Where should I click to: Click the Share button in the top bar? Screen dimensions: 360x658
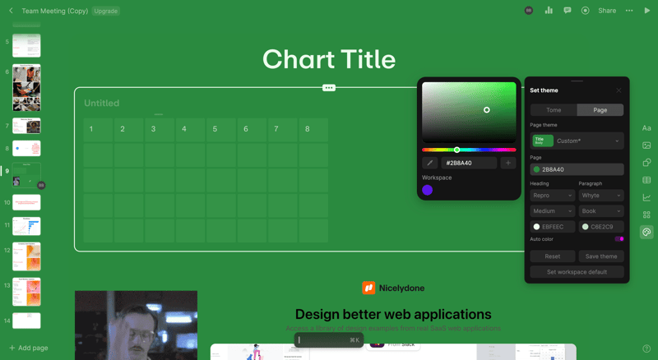point(607,11)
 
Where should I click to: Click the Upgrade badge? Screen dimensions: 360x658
point(105,11)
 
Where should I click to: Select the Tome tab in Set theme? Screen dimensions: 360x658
point(554,110)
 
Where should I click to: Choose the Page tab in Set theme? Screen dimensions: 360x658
point(600,110)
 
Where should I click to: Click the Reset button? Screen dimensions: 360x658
point(553,256)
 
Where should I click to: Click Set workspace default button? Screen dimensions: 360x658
point(577,272)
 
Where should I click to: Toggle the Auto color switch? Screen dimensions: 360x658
point(619,239)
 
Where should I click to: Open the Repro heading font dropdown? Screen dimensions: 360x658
point(552,196)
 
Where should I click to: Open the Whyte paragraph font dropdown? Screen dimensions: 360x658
point(601,196)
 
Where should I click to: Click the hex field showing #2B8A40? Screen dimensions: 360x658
point(469,163)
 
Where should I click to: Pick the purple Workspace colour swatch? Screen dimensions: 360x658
point(428,190)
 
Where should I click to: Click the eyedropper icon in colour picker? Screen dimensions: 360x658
point(429,163)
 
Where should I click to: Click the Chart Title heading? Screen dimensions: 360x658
point(329,59)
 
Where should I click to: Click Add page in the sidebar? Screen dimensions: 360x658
point(29,348)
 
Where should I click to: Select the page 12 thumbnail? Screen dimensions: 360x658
point(26,257)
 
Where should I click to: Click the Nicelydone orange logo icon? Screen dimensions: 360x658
point(368,288)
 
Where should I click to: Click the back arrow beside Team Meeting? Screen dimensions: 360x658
point(11,11)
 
